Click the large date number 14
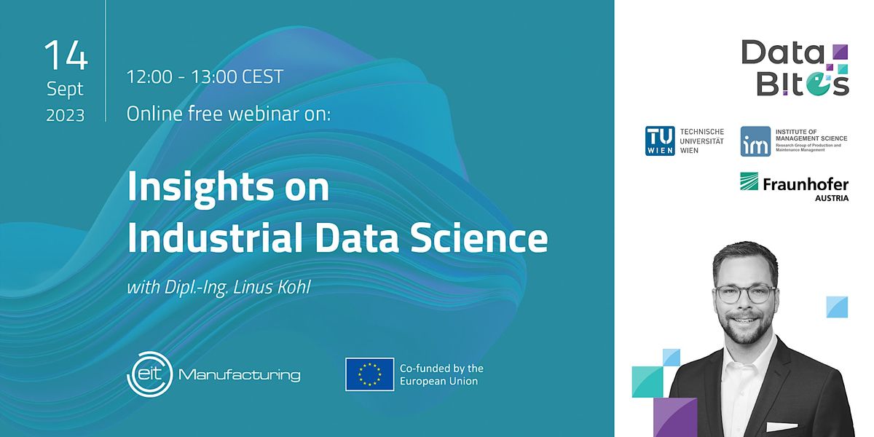(66, 55)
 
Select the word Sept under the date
(66, 90)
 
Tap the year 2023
(66, 115)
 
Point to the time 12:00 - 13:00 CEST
(205, 76)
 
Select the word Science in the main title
(481, 238)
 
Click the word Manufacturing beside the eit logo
(239, 376)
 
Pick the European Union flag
(369, 374)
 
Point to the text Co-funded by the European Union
(441, 374)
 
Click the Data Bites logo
(795, 68)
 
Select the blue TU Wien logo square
(660, 141)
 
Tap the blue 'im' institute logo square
(755, 141)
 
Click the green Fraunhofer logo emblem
(749, 181)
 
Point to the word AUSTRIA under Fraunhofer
(832, 197)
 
